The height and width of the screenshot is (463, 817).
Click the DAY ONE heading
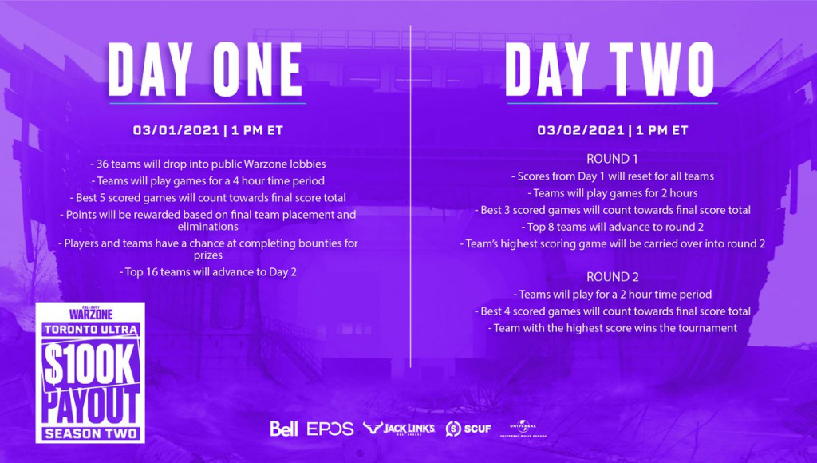click(205, 70)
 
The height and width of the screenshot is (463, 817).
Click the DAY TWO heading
click(610, 70)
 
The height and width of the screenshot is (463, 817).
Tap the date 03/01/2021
click(176, 130)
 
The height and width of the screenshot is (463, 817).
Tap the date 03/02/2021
click(581, 130)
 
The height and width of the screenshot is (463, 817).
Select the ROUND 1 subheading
click(612, 159)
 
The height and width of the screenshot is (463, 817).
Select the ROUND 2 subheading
click(612, 276)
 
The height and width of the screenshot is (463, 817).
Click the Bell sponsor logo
click(284, 429)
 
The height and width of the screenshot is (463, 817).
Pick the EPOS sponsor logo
click(330, 429)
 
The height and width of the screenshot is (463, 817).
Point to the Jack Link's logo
click(399, 429)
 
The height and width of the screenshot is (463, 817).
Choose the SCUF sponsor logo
click(468, 429)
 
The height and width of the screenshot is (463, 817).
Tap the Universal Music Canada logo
click(523, 429)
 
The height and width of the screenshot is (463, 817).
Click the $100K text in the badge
click(89, 366)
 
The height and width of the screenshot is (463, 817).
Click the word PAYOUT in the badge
click(91, 406)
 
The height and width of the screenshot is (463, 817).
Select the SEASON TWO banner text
click(91, 433)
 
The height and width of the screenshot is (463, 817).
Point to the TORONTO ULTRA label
click(91, 330)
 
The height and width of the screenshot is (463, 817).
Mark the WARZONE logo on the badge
click(91, 314)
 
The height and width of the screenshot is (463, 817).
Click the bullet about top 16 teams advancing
click(208, 272)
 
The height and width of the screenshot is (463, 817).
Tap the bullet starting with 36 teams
click(208, 164)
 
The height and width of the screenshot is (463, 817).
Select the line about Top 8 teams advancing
click(612, 227)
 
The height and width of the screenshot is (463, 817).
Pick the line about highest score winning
click(612, 328)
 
